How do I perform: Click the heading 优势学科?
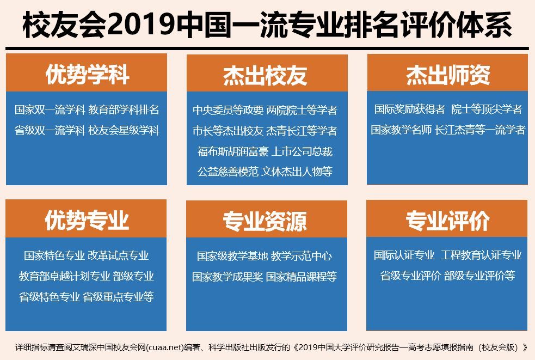tap(87, 75)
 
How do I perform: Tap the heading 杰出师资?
tap(447, 75)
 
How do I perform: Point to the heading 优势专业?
tap(87, 221)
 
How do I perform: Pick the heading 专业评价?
tap(447, 221)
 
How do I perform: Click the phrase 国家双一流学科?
tap(50, 109)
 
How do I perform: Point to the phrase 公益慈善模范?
tap(227, 172)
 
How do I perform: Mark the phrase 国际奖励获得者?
tap(409, 109)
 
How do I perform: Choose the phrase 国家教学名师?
tap(401, 130)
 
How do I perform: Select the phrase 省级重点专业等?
tap(118, 297)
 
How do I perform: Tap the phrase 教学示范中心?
tap(301, 256)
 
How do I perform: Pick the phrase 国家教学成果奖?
tap(227, 277)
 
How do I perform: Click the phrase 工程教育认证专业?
tap(481, 255)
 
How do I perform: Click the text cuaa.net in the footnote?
tap(165, 347)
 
